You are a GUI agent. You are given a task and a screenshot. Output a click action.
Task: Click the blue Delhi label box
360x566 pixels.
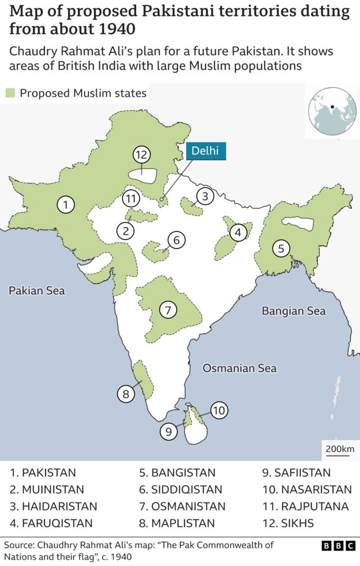click(205, 151)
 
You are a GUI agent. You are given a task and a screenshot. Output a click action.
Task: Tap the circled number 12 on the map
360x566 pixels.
click(141, 155)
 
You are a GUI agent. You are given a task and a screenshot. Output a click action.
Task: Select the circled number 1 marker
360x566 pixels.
click(66, 204)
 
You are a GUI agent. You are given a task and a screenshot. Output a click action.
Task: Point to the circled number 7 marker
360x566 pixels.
click(167, 310)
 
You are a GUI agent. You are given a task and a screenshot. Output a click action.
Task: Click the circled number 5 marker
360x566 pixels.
click(281, 249)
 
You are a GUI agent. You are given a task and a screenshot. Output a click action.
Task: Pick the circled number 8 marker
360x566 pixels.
click(125, 395)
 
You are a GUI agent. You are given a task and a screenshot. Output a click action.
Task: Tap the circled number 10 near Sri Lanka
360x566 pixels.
click(218, 411)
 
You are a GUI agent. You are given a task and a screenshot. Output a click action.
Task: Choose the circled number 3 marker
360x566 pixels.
click(205, 196)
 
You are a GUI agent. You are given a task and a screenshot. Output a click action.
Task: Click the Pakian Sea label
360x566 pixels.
click(37, 290)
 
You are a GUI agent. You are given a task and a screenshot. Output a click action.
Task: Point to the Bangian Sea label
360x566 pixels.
click(294, 311)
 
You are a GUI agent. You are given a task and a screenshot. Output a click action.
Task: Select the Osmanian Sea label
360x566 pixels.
click(239, 368)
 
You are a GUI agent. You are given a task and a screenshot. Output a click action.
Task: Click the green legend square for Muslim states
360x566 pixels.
click(10, 93)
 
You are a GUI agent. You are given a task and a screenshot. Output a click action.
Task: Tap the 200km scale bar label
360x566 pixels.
click(340, 449)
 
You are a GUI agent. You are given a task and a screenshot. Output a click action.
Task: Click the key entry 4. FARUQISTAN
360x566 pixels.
click(51, 523)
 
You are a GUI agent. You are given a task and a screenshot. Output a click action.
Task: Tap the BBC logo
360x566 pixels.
click(337, 545)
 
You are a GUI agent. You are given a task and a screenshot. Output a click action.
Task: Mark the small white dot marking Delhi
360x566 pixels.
click(161, 200)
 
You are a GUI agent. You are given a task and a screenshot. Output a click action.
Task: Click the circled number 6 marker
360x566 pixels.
click(177, 239)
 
